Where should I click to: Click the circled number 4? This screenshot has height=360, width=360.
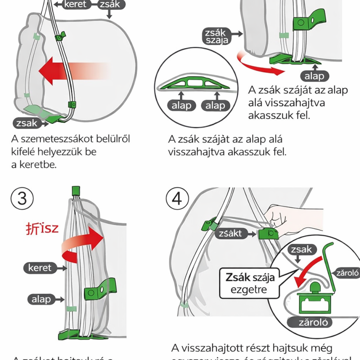tap(178, 198)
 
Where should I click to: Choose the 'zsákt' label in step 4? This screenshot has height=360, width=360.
tap(231, 234)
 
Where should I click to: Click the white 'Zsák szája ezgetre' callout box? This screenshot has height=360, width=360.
tap(247, 282)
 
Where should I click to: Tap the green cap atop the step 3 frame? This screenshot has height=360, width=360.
tap(76, 190)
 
